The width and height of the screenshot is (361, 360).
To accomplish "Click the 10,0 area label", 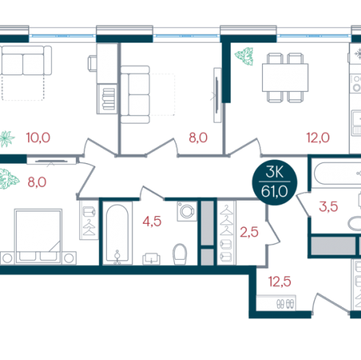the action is point(38,138).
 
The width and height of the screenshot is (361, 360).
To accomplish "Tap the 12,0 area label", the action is point(318,138).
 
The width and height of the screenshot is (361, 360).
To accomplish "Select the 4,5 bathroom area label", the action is point(152,221).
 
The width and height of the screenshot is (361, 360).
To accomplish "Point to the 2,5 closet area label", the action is point(249,232).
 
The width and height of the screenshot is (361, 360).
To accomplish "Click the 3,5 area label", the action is point(329,206).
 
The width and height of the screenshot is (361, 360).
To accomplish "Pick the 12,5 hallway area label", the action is point(279,281).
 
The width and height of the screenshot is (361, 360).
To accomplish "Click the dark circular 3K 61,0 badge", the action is point(274,183).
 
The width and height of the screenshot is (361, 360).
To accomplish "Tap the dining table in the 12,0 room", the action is point(285,77).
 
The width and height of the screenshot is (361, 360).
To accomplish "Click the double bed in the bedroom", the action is point(38,237).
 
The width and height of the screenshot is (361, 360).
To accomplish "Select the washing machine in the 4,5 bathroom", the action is point(187,211).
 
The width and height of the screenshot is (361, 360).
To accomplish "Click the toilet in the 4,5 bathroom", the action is point(180,254).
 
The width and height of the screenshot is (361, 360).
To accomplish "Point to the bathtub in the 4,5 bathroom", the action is point(117,233).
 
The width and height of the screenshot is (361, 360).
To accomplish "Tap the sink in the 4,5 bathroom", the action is point(152,259).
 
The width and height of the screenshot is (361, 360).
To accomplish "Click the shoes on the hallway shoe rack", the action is point(285,304).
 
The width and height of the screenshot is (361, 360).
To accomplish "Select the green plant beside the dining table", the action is point(244,56).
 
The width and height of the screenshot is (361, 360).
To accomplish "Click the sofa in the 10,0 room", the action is point(25,61).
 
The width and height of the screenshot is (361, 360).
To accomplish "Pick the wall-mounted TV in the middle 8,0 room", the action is point(217,95).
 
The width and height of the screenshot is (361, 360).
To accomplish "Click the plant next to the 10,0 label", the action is point(6,139).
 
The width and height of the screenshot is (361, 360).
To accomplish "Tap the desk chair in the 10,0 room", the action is point(92,63).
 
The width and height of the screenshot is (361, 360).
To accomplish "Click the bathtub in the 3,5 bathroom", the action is point(337,174).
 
